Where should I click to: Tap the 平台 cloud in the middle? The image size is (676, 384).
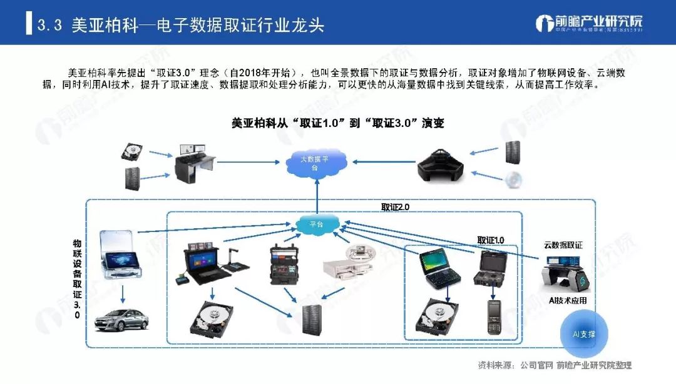[x=317, y=225]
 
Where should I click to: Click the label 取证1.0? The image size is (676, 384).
[x=490, y=240]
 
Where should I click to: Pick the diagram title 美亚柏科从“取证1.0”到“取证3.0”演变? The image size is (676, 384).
[x=337, y=123]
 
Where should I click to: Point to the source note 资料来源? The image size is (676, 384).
[x=555, y=365]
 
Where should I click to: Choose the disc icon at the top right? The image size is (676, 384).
[x=514, y=179]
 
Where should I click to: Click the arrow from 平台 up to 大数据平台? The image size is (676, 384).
[x=317, y=196]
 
